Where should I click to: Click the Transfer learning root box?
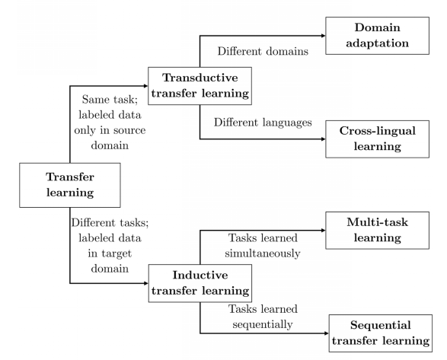[70, 185]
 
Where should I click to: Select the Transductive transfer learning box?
[200, 86]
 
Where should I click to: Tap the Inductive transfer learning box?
[200, 283]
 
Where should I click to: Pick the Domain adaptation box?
[378, 36]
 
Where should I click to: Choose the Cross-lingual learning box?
[378, 139]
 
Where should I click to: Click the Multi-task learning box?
[378, 231]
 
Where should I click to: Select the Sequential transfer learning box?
[381, 333]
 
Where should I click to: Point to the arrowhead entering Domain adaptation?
[324, 36]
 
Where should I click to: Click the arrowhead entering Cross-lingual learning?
[324, 139]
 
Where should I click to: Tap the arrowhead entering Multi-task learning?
[324, 231]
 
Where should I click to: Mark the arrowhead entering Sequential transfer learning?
[327, 333]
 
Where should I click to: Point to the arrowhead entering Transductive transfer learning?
[145, 86]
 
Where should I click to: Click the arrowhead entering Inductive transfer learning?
[146, 283]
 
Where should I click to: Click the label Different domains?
[263, 51]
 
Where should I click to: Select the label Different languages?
[263, 123]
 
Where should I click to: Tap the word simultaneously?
[263, 253]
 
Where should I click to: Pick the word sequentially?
[263, 324]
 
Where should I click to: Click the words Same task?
[110, 100]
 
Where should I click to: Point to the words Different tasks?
[110, 222]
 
